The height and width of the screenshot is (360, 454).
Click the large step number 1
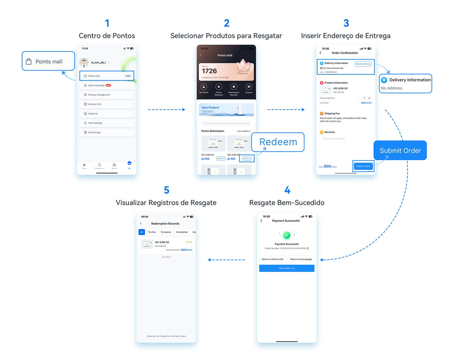coord(107,23)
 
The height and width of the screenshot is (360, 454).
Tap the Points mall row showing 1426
coord(107,76)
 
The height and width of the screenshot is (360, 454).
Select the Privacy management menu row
coord(107,95)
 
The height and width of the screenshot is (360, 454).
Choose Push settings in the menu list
coord(107,123)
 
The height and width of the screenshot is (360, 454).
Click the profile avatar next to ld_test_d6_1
coord(84,62)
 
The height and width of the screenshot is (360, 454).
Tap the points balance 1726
coord(209,71)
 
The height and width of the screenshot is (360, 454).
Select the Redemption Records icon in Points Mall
coord(234,87)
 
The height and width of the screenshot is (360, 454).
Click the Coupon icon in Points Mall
coord(249,87)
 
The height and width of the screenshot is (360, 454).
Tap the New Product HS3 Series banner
coord(226,110)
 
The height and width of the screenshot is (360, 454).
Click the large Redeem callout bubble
coord(278,142)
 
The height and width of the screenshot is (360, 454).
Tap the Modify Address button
coord(363,64)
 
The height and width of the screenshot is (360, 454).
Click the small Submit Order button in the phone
coord(363,166)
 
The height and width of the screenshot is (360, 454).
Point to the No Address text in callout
coord(392,88)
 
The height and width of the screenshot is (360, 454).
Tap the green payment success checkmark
coord(287,235)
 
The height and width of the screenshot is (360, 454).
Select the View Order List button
coord(287,268)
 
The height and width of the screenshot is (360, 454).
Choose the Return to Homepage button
coord(301,259)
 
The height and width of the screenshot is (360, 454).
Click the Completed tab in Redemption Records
coord(182,232)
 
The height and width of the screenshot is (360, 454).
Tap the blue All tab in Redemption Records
coord(142,232)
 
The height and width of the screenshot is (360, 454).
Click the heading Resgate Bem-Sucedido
coord(287,203)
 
